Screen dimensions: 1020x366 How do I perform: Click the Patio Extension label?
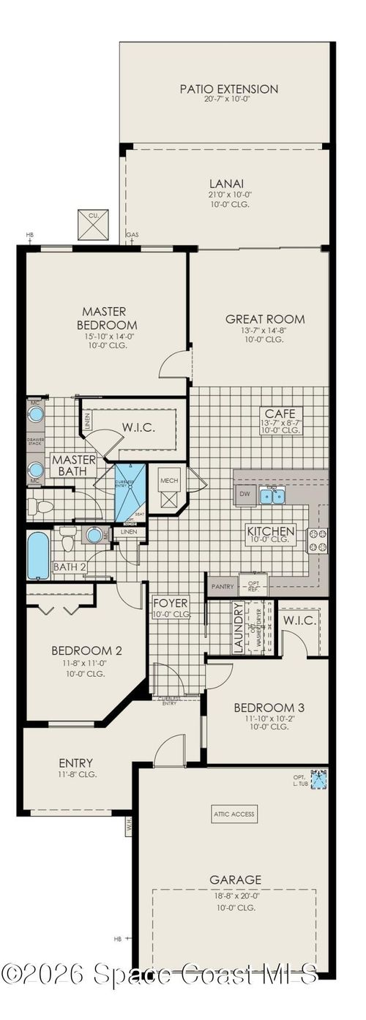coord(229,89)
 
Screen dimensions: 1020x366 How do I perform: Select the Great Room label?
coord(264,319)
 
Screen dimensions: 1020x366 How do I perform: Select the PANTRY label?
coord(222,586)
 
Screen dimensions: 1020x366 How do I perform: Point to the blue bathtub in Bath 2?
coord(38,555)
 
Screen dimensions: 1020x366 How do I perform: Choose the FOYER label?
coord(170,603)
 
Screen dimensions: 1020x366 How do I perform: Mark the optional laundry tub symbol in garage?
coord(319,780)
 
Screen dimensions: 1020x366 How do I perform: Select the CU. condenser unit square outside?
coord(93,225)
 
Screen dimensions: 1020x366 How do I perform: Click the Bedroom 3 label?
coord(269,708)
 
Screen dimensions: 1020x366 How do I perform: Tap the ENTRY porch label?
coord(76,763)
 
